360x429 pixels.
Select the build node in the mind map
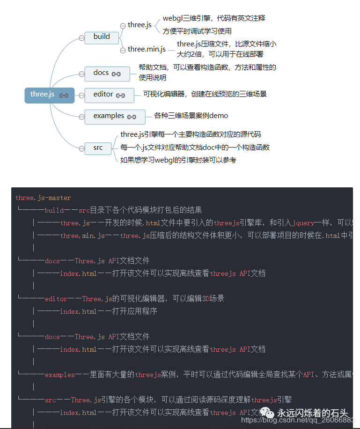coord(101,37)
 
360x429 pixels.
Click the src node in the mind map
coord(98,148)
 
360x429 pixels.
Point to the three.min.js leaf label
coord(147,49)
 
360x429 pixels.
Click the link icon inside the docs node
coord(116,74)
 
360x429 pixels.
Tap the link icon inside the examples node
coord(132,117)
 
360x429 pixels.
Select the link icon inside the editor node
coord(120,96)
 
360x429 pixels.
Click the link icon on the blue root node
coord(64,96)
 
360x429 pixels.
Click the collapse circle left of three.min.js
coord(123,49)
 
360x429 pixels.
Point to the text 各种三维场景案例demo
coord(191,115)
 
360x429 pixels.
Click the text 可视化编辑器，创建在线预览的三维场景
coord(205,94)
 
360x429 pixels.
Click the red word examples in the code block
coord(60,375)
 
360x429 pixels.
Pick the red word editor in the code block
coord(56,299)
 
